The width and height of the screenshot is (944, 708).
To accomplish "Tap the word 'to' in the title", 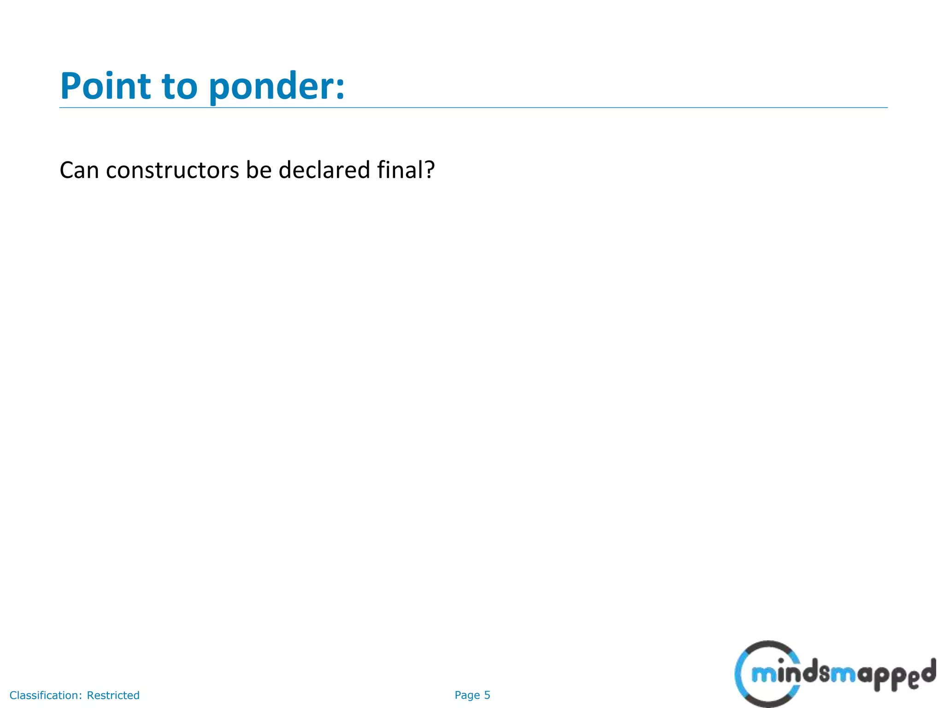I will [180, 87].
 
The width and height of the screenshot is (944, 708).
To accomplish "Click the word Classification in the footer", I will [45, 695].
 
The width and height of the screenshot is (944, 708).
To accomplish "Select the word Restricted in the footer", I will [113, 695].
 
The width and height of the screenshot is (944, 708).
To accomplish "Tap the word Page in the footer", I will [467, 695].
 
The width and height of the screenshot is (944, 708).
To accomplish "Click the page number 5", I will [487, 695].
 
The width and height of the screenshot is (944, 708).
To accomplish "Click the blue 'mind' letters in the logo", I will [779, 674].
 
